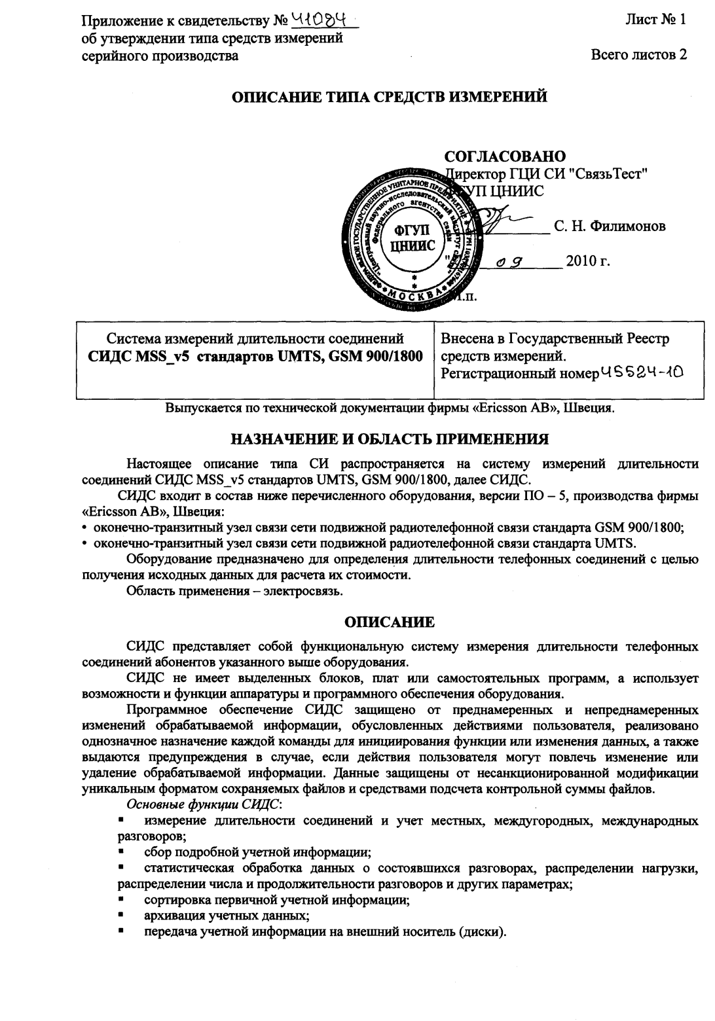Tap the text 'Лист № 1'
(655, 20)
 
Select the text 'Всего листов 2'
(638, 55)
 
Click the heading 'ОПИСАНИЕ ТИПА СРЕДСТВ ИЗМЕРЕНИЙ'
(390, 98)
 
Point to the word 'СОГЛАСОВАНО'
(505, 157)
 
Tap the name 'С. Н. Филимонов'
(610, 226)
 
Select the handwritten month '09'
(509, 263)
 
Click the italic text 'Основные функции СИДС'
(204, 803)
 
